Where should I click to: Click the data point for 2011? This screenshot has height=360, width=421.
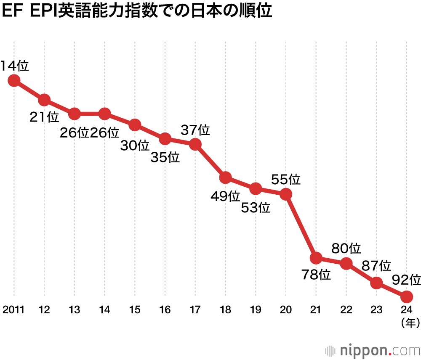pyautogui.click(x=14, y=80)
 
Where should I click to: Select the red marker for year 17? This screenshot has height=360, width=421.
pyautogui.click(x=195, y=144)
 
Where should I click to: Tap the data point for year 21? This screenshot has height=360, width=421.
pyautogui.click(x=316, y=257)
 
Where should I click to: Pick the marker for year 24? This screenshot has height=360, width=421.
pyautogui.click(x=406, y=297)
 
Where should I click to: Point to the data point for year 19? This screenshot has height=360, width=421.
pyautogui.click(x=256, y=189)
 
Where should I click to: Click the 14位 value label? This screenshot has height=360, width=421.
pyautogui.click(x=14, y=66)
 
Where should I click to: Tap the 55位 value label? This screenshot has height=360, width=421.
pyautogui.click(x=286, y=180)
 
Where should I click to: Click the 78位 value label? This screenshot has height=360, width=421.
pyautogui.click(x=316, y=275)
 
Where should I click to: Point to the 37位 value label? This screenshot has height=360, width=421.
pyautogui.click(x=195, y=130)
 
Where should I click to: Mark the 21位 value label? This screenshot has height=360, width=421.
pyautogui.click(x=45, y=117)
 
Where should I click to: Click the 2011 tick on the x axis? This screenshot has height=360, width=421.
pyautogui.click(x=13, y=310)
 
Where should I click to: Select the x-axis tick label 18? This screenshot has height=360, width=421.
pyautogui.click(x=225, y=310)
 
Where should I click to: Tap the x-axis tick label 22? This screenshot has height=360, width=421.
pyautogui.click(x=346, y=310)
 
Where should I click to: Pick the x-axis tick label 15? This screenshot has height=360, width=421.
pyautogui.click(x=135, y=310)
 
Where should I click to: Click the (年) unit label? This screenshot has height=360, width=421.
pyautogui.click(x=406, y=323)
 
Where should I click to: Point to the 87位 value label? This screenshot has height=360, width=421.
pyautogui.click(x=376, y=265)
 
